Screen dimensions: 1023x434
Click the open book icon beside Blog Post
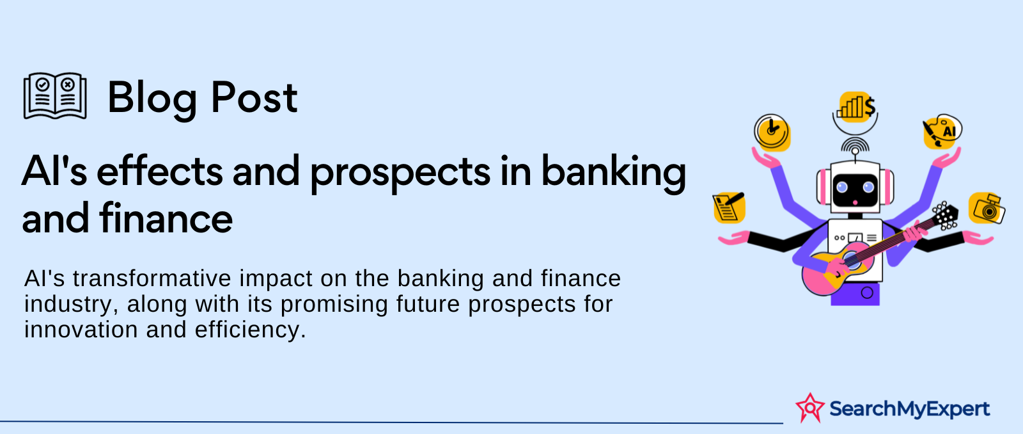(x=55, y=96)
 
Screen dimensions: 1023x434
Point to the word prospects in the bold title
(x=400, y=173)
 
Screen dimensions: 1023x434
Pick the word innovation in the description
(x=81, y=329)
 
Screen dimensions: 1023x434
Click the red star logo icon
(x=810, y=408)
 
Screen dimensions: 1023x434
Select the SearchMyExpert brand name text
(x=910, y=408)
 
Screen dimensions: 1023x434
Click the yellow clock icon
(x=772, y=133)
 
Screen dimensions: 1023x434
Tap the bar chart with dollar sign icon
(x=856, y=106)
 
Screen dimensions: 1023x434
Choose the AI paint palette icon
(x=942, y=131)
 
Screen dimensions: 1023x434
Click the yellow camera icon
(x=987, y=208)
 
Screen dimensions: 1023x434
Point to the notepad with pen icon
(x=730, y=207)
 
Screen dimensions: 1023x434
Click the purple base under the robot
(x=855, y=294)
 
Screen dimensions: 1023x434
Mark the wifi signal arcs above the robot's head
(x=855, y=144)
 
